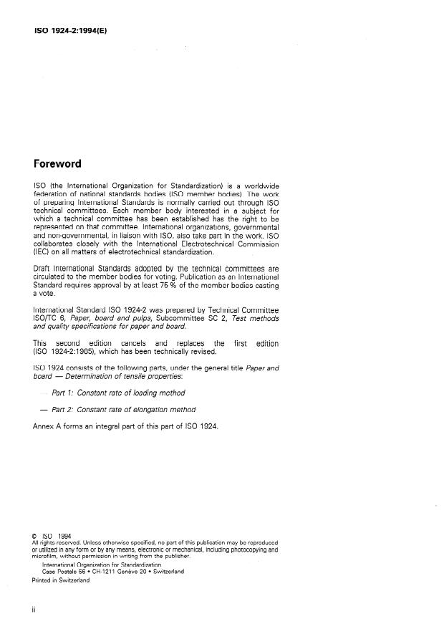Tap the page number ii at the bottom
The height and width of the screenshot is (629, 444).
point(34,610)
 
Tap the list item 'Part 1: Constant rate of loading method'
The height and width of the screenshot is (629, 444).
point(118,393)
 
